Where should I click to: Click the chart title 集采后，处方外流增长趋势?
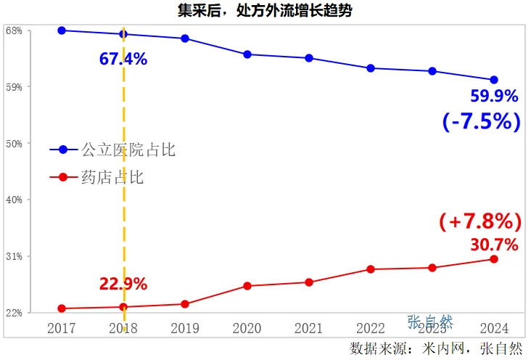coord(265,10)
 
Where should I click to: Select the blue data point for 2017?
coord(62,30)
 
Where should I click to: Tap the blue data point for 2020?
coord(247,54)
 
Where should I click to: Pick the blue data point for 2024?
coord(494,80)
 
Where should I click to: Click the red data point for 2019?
coord(185,304)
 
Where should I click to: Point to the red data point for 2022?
coord(371,269)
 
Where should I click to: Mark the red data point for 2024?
coord(494,259)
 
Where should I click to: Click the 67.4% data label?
coord(123,60)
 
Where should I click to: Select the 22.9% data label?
coord(123,284)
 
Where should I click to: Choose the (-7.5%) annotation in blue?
coord(482,121)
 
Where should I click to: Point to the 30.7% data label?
coord(495,245)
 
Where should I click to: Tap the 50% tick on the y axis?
coord(14,144)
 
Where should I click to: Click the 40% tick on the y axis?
coord(14,200)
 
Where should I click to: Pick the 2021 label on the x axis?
coord(308,328)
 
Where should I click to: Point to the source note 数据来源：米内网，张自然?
coord(435,348)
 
